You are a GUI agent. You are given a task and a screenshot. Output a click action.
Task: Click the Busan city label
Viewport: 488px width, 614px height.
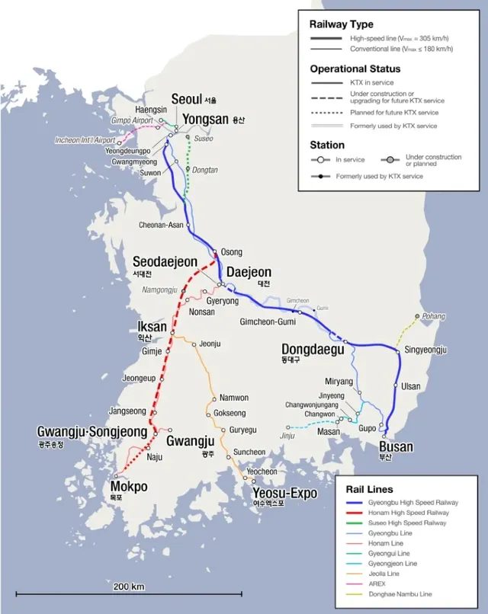click(396, 446)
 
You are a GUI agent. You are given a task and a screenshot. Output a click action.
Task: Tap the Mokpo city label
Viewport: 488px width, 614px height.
click(129, 487)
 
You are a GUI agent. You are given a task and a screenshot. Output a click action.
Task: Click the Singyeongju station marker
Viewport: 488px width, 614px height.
click(398, 351)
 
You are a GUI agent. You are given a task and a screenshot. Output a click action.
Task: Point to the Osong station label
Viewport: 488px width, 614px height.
click(231, 252)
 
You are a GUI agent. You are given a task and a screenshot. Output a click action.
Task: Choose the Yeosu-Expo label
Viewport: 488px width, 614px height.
click(285, 494)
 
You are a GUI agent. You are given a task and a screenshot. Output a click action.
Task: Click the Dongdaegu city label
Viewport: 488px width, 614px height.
click(313, 350)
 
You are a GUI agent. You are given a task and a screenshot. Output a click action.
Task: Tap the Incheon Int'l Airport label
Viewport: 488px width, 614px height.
click(85, 140)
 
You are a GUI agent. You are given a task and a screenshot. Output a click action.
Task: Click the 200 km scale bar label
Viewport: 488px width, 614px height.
click(129, 587)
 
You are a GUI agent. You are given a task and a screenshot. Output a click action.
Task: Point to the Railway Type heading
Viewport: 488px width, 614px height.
click(341, 25)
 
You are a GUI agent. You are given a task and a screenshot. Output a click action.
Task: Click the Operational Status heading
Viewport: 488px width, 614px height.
click(355, 68)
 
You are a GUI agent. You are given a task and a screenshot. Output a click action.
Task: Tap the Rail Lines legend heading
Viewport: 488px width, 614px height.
click(369, 489)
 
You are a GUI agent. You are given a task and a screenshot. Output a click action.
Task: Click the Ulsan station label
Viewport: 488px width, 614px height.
click(410, 386)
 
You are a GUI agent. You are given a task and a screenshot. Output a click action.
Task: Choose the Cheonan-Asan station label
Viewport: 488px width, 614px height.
click(161, 225)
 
